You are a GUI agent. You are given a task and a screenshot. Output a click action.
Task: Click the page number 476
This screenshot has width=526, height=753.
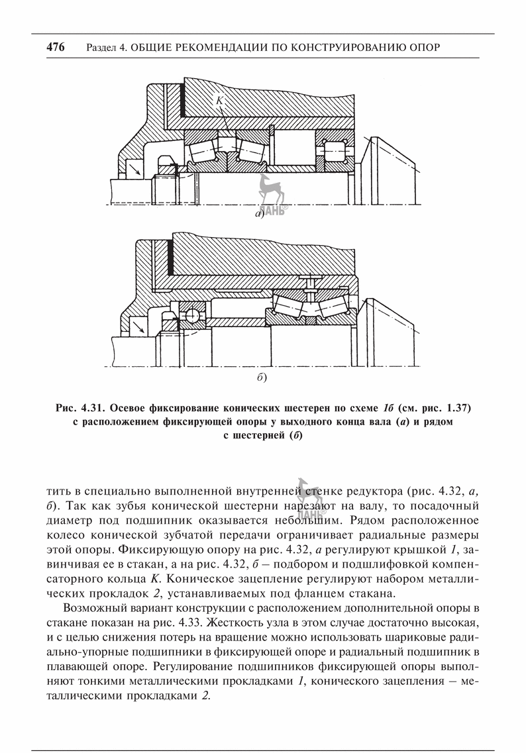tap(56, 47)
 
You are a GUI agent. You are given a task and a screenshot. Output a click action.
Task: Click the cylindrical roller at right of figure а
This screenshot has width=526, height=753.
tap(335, 150)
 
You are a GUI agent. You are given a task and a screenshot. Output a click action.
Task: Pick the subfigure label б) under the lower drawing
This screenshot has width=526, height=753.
tap(261, 378)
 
